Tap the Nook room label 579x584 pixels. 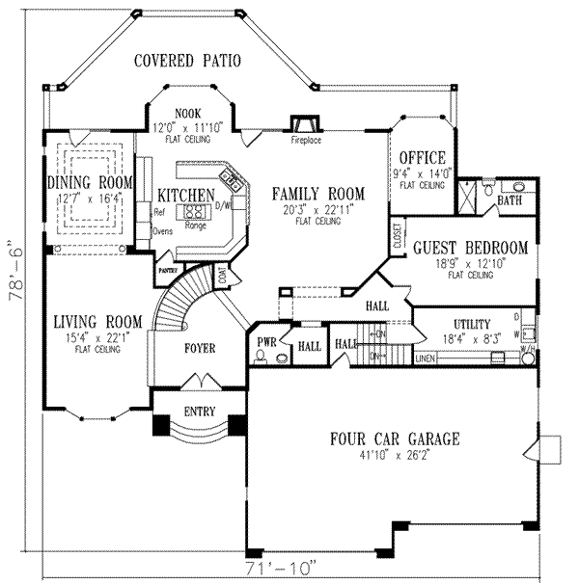pyautogui.click(x=188, y=112)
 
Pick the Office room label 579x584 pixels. pyautogui.click(x=422, y=158)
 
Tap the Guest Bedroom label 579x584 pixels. pyautogui.click(x=470, y=248)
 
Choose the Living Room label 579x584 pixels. pyautogui.click(x=97, y=321)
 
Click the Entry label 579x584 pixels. pyautogui.click(x=199, y=411)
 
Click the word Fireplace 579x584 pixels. pyautogui.click(x=306, y=141)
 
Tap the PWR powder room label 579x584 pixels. pyautogui.click(x=266, y=343)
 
